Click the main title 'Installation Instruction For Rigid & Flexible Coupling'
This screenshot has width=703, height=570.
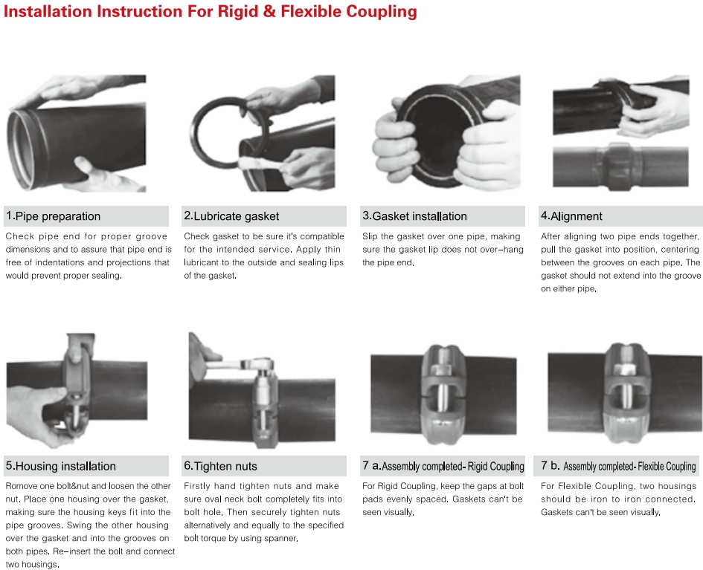click(x=211, y=12)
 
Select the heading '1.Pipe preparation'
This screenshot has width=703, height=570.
click(x=53, y=216)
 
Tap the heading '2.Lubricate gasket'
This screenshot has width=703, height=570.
click(x=231, y=216)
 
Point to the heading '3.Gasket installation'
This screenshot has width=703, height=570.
click(x=414, y=216)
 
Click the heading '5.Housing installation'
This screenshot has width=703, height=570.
click(x=61, y=466)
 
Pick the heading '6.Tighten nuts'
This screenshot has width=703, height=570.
click(x=220, y=466)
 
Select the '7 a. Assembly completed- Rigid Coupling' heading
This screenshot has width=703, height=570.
click(x=443, y=466)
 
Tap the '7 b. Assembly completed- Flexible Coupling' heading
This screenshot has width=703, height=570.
click(x=619, y=466)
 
